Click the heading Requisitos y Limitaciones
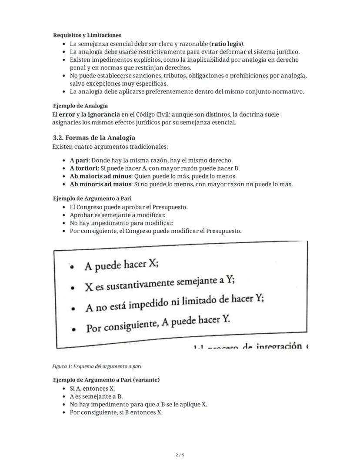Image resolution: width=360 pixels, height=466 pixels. coord(87,35)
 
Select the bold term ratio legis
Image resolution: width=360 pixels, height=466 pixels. coord(227,44)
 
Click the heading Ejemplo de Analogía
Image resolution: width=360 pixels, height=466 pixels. coord(80,106)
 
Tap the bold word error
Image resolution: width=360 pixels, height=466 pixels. coord(67,114)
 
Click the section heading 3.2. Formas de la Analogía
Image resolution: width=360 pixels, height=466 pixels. coord(94,138)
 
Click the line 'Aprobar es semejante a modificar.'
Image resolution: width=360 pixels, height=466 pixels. coord(117,215)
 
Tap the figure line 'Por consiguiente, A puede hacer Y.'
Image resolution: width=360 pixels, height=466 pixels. coord(157,325)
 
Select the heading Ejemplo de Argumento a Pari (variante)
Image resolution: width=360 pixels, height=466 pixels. coord(106,380)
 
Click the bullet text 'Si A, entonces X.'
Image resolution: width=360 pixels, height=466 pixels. coord(92,389)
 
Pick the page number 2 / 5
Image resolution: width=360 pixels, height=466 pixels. coord(180,455)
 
